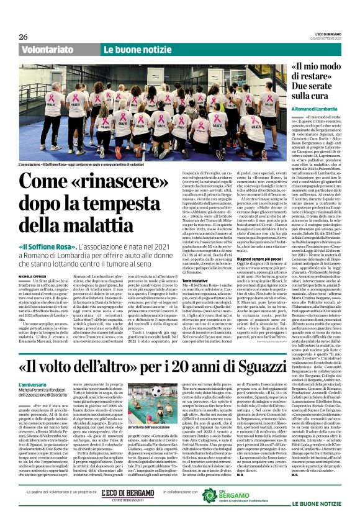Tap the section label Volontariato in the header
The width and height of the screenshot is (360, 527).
47,49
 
